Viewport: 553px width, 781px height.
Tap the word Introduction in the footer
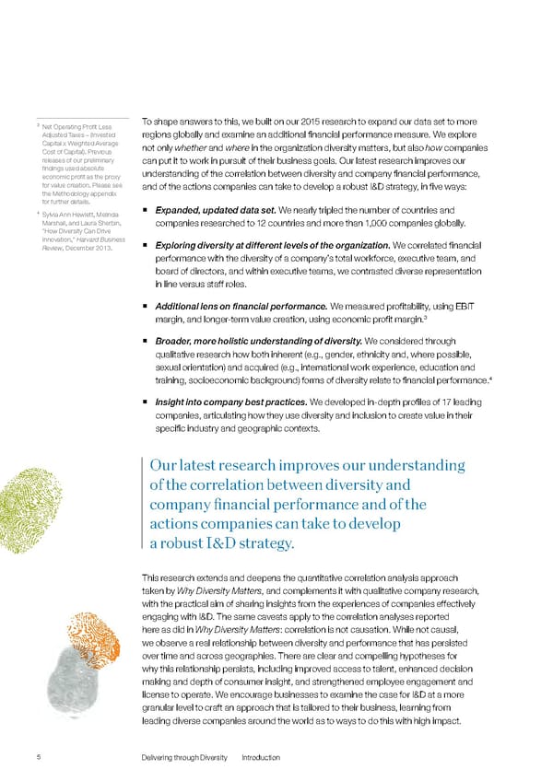tap(261, 757)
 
